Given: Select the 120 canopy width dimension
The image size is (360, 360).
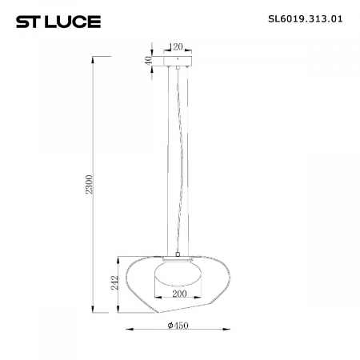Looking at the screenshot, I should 178,47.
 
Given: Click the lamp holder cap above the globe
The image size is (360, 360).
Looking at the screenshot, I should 178,258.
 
